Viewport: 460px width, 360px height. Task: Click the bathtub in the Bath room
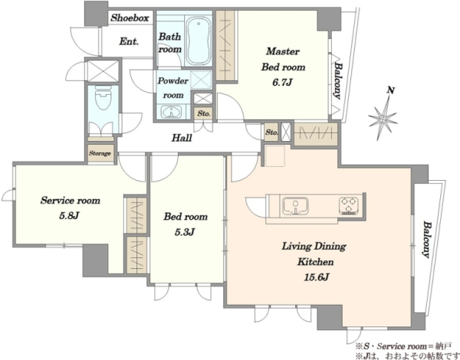point(199,41)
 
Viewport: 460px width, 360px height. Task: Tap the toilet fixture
point(103,97)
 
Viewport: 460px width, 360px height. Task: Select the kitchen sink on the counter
point(295,205)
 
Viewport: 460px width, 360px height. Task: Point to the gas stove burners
point(349,205)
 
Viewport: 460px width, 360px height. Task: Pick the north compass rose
point(384,114)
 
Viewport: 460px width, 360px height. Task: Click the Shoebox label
point(130,18)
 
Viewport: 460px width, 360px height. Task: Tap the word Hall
point(182,138)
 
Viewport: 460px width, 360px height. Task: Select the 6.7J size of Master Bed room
point(282,83)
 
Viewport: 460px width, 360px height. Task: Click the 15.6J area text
point(316,277)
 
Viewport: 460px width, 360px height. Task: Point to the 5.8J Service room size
point(69,216)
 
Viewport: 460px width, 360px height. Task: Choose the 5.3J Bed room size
point(185,232)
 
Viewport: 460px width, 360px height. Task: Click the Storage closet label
point(100,153)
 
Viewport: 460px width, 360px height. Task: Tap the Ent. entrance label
point(129,41)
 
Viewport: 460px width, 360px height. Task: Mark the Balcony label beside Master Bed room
point(338,80)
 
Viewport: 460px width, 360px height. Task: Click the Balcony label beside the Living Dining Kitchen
point(427,240)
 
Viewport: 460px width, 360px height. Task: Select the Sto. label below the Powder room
point(204,113)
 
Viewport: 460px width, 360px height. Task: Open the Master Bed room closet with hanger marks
point(226,45)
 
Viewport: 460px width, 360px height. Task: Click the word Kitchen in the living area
point(316,261)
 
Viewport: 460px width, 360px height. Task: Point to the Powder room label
point(172,87)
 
